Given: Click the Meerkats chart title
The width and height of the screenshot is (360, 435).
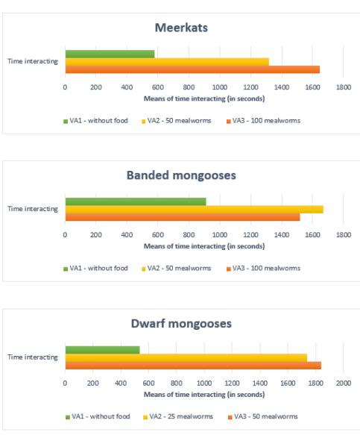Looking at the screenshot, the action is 181,28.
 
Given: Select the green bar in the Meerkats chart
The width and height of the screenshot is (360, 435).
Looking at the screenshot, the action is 110,54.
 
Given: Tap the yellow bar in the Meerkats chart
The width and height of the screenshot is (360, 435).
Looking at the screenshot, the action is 167,62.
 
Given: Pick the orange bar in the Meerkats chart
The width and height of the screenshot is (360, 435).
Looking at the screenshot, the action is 192,69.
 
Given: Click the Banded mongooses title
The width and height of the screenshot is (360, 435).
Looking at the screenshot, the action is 181,175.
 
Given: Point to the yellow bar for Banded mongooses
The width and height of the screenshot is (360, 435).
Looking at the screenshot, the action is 195,210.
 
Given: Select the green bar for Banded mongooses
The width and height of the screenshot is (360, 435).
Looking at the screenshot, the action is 136,201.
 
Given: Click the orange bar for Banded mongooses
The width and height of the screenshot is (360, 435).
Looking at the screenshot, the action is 183,217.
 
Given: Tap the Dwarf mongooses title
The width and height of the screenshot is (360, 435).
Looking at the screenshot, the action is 181,324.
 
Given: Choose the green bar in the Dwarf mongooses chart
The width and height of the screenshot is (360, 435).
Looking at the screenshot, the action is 103,350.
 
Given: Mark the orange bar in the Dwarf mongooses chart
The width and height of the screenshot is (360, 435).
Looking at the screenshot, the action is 193,366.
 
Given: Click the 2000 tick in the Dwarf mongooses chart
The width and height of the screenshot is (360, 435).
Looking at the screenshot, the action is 344,383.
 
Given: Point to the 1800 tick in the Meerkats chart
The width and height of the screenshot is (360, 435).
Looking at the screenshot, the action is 344,87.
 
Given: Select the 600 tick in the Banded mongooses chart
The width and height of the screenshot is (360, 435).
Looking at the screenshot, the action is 158,235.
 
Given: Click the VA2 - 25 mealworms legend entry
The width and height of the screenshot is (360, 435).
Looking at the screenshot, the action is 178,416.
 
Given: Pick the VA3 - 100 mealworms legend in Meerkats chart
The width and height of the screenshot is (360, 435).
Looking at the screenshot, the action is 263,121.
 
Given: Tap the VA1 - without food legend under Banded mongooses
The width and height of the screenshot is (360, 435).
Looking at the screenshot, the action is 95,269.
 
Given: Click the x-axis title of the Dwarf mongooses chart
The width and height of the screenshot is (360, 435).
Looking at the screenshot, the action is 204,395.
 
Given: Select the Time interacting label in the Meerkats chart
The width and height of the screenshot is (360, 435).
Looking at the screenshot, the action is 33,61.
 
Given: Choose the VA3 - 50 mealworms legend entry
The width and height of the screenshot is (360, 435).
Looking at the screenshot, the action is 262,416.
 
